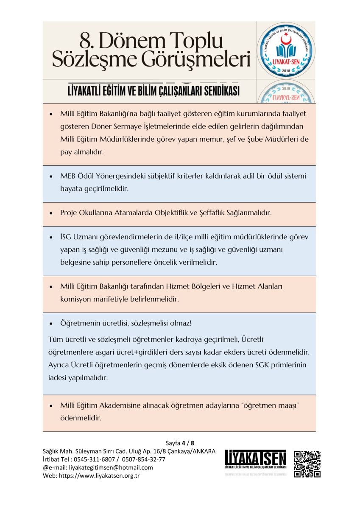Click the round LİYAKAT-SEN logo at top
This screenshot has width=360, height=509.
[286, 50]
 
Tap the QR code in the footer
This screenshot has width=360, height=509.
[307, 464]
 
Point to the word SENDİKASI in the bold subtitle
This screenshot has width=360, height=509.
[218, 91]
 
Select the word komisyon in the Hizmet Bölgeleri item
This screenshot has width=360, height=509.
[75, 299]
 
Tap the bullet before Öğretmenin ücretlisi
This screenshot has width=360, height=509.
[51, 324]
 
